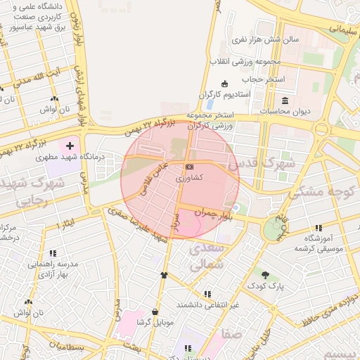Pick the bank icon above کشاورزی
pos(189,167)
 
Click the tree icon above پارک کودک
pos(265,275)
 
